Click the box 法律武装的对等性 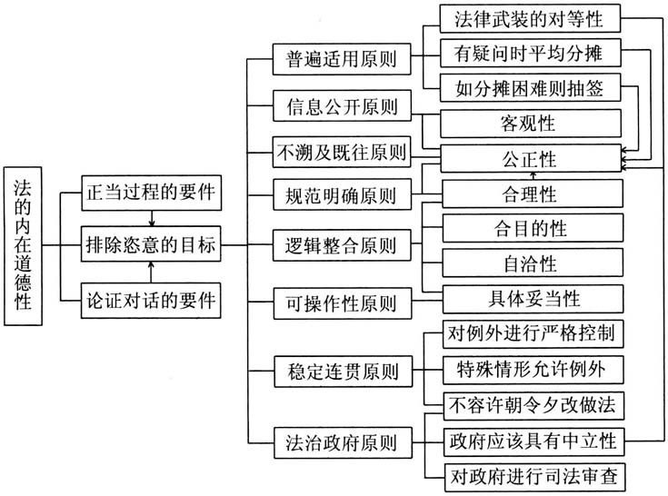[533, 19]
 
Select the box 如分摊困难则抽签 [533, 88]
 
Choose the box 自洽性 [533, 264]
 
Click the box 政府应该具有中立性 [533, 441]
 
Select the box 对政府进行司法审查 [533, 475]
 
